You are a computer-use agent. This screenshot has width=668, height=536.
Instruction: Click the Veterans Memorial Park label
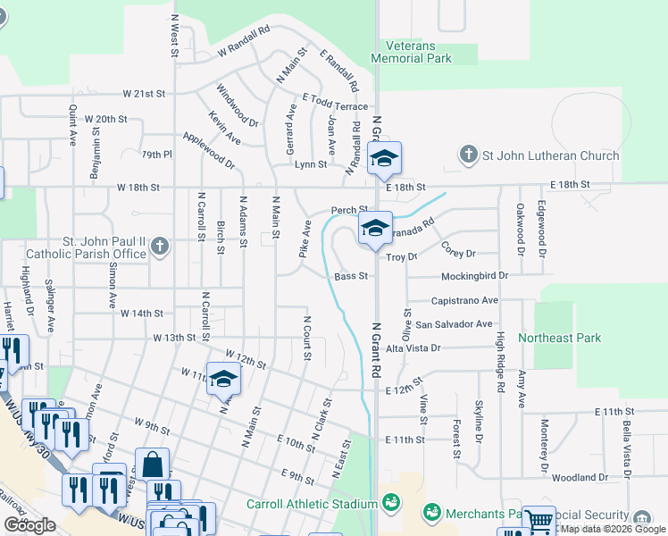pyautogui.click(x=419, y=52)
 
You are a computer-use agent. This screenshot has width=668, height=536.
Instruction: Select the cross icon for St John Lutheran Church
pyautogui.click(x=468, y=155)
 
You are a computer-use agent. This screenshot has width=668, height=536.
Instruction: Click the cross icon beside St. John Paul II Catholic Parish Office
pyautogui.click(x=160, y=246)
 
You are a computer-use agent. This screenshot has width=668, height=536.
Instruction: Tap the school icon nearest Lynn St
pyautogui.click(x=384, y=158)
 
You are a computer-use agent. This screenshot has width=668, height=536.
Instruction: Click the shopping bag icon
pyautogui.click(x=152, y=465)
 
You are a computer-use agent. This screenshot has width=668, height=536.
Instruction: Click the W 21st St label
pyautogui.click(x=144, y=94)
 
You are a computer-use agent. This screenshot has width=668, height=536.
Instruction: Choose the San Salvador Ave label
pyautogui.click(x=454, y=324)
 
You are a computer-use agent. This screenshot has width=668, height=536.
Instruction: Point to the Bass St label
pyautogui.click(x=352, y=277)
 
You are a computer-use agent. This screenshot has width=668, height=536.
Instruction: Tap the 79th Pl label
pyautogui.click(x=155, y=155)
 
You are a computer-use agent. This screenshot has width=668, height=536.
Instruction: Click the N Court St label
pyautogui.click(x=307, y=338)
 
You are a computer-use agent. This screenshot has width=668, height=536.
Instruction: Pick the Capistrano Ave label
pyautogui.click(x=464, y=301)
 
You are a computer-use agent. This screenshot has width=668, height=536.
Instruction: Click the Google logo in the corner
pyautogui.click(x=30, y=524)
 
